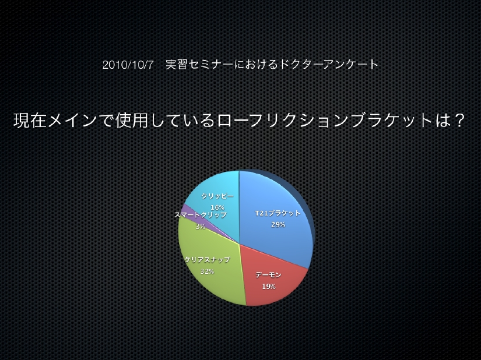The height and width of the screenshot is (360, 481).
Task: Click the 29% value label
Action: coord(278,225)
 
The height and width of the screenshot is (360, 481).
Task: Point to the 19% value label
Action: coord(269,287)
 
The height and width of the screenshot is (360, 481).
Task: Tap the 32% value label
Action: coord(207,271)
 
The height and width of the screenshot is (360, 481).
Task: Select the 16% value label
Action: coord(217,207)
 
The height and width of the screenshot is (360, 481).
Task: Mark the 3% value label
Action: coord(201,227)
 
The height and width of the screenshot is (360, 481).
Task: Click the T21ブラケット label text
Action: coord(278,213)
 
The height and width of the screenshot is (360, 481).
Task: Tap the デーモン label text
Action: coord(268,275)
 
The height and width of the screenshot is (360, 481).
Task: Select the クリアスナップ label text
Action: coord(207,260)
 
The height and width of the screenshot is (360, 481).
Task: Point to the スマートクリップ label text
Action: coord(201,215)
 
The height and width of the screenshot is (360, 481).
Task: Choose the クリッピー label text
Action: coord(217,196)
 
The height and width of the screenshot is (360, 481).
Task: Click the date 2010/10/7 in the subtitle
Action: coord(128,65)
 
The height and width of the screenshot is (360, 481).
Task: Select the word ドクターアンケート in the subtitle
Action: coord(325,64)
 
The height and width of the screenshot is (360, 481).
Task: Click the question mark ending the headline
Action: coord(459,121)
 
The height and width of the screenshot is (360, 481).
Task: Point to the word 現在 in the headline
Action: coord(30,121)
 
